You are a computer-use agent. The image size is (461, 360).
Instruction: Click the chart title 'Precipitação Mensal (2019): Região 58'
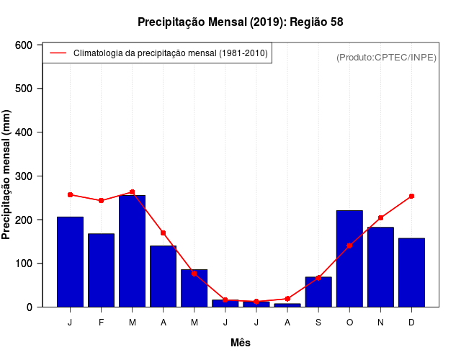click(x=240, y=22)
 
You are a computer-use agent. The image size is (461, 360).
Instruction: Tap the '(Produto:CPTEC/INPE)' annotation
click(x=386, y=57)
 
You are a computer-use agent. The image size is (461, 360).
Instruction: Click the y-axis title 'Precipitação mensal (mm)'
click(x=7, y=175)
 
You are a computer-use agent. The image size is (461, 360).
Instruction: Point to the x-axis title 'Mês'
click(x=241, y=343)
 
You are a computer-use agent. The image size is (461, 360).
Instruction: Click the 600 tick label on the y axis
click(x=23, y=45)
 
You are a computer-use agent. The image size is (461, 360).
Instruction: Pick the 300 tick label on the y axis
click(x=23, y=176)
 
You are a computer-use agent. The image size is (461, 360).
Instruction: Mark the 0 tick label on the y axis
click(x=30, y=307)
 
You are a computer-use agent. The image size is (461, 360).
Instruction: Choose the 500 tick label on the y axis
click(x=23, y=89)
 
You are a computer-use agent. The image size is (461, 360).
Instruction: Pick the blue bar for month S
click(x=318, y=292)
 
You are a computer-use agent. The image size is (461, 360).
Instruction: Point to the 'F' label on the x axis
click(x=101, y=323)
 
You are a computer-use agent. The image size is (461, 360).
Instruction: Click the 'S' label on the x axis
click(x=318, y=323)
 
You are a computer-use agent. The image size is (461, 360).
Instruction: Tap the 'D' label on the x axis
click(x=411, y=323)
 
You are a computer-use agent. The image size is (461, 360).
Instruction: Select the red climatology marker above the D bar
click(x=411, y=196)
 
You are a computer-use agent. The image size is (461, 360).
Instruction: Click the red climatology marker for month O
click(x=349, y=246)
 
